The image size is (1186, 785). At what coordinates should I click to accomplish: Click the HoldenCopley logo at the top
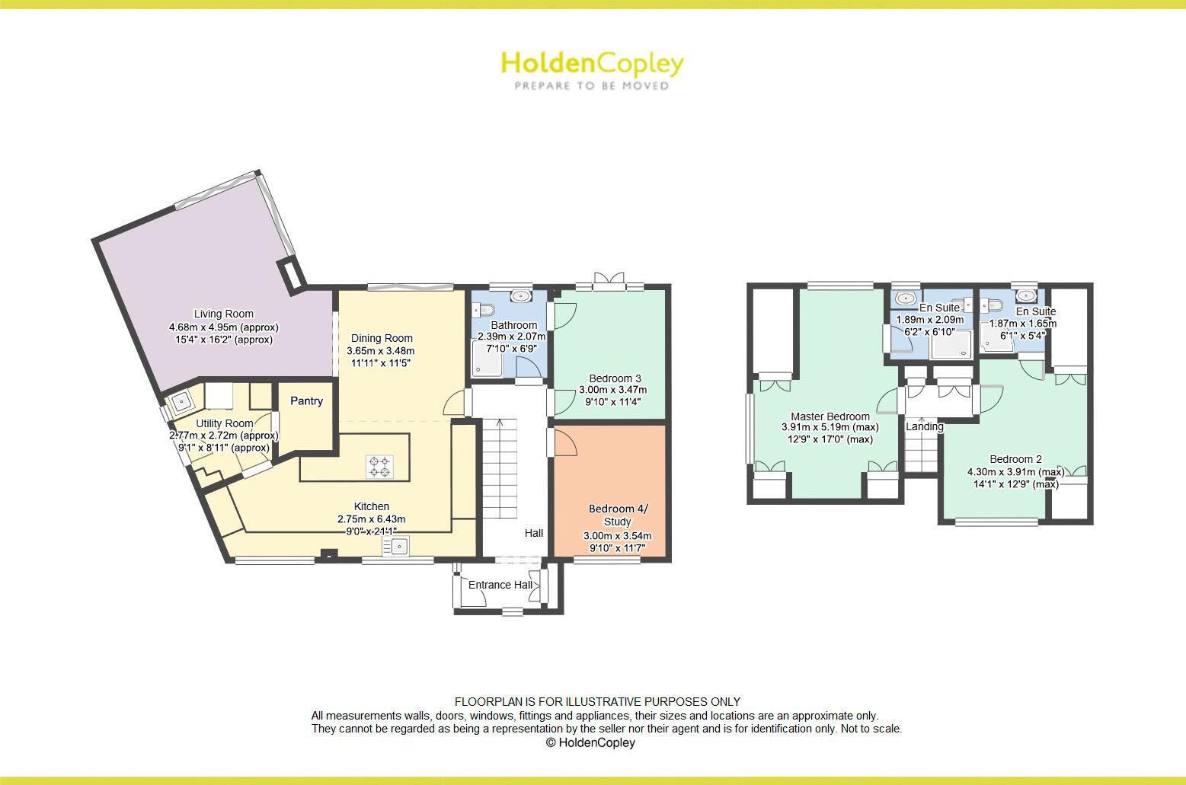click(592, 64)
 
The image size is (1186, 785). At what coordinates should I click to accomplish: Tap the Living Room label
click(223, 314)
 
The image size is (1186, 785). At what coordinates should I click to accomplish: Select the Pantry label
click(306, 401)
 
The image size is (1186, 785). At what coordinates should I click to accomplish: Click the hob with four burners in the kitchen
click(379, 466)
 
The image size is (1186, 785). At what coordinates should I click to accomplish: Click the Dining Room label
click(381, 338)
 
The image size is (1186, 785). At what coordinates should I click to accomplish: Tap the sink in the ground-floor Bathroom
click(522, 295)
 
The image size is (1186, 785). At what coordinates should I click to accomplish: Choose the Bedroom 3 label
click(615, 378)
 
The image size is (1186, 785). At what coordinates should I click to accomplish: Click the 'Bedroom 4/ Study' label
click(616, 515)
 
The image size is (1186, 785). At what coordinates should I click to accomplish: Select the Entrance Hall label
click(500, 585)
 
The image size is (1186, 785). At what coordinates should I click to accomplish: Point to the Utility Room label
click(224, 423)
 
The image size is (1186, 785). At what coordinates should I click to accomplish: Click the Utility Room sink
click(181, 400)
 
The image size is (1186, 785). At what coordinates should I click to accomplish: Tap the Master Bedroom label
click(830, 416)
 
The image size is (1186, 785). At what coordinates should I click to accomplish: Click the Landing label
click(924, 426)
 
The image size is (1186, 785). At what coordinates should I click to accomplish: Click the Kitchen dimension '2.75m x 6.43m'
click(372, 519)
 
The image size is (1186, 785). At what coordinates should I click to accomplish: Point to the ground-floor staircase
click(500, 457)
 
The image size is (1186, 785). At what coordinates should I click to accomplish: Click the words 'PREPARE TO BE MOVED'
click(592, 86)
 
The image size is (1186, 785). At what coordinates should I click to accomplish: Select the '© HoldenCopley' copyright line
click(590, 742)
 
